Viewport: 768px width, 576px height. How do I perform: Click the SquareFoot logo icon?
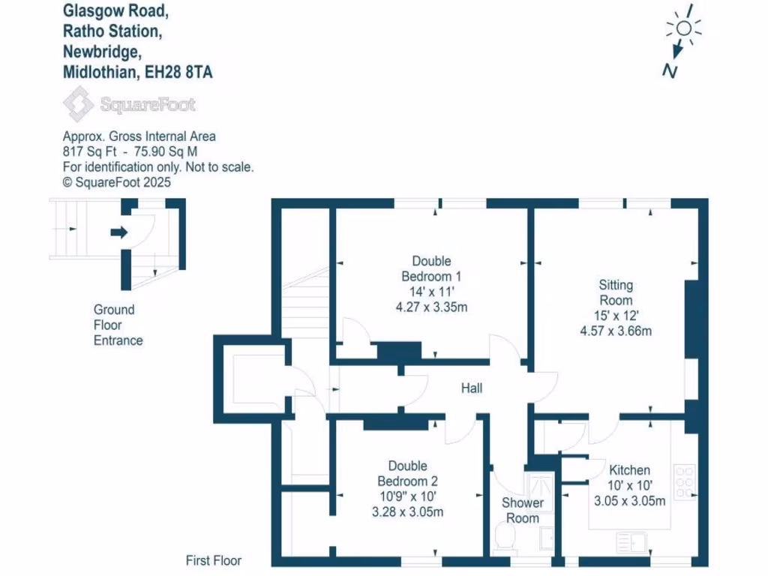point(78,104)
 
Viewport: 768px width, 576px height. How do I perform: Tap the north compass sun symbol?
point(683,28)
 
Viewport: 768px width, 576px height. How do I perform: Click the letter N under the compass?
point(670,70)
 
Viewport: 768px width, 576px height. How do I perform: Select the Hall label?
point(472,388)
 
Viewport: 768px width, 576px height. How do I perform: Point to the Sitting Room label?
point(616,292)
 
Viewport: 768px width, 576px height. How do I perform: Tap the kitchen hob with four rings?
point(685,482)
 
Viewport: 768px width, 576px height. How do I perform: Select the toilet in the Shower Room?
point(505,536)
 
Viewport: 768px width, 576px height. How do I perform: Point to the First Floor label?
point(214,560)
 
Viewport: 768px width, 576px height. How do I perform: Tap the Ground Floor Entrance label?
point(118,325)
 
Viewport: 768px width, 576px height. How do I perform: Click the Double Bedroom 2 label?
point(407,473)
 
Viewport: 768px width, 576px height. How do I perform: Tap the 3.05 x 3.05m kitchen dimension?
point(629,501)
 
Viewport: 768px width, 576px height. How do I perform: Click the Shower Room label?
point(522,510)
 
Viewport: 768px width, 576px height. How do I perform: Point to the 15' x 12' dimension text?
point(615,315)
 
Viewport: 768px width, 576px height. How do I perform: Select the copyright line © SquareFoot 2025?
point(117,181)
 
